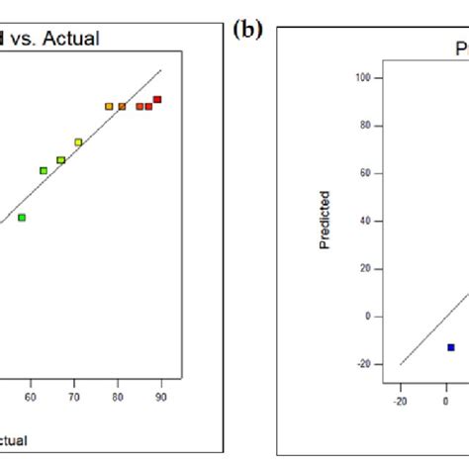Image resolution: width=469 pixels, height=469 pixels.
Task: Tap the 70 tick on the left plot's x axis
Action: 74,396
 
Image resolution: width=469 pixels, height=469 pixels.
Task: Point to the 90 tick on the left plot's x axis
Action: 161,396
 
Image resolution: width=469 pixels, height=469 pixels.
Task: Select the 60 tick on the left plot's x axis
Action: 31,396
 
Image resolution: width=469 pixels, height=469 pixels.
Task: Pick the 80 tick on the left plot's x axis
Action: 118,396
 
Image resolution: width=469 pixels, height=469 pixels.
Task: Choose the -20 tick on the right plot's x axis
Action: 400,402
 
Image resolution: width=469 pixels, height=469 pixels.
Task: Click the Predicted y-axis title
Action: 325,220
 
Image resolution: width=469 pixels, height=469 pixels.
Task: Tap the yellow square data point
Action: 78,142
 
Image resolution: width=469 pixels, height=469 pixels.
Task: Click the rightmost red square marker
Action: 157,100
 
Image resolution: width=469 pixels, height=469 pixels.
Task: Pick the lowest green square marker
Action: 22,217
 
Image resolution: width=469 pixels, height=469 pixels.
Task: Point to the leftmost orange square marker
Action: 109,107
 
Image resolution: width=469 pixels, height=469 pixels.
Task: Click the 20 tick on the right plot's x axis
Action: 465,402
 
